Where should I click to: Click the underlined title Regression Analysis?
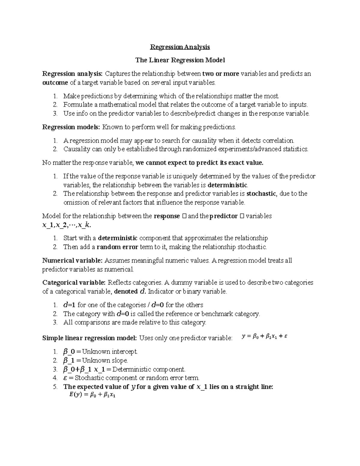coord(180,47)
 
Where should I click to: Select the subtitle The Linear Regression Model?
coord(180,60)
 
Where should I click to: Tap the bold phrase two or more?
coord(220,74)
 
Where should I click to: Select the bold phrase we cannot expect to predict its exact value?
coord(199,163)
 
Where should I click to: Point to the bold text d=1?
coord(69,305)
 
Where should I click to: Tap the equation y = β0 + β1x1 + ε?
coord(265,337)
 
